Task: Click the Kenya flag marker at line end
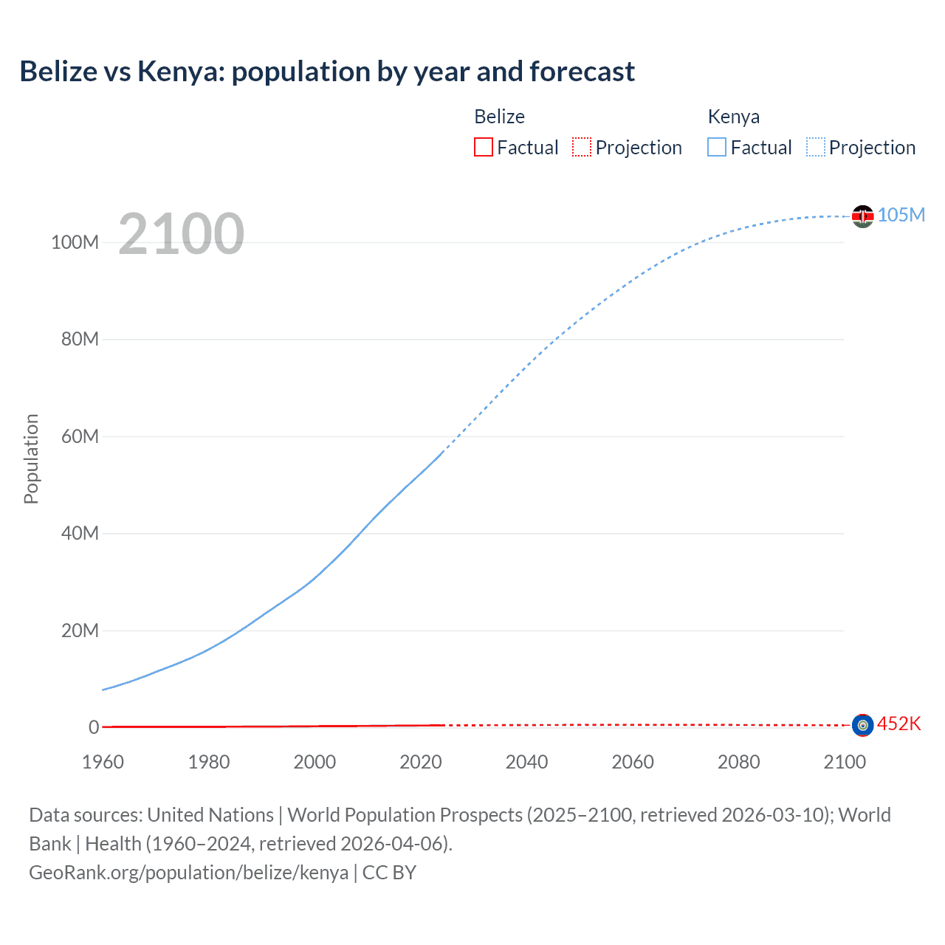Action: tap(862, 216)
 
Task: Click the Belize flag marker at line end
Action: tap(862, 725)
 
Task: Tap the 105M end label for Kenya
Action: tap(901, 215)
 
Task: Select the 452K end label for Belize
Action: tap(898, 724)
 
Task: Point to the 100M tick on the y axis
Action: tap(75, 243)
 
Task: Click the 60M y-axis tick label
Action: tap(80, 436)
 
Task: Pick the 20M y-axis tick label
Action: tap(80, 630)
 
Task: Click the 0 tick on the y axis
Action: tap(94, 727)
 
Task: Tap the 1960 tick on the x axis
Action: tap(103, 762)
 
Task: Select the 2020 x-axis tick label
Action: tap(421, 762)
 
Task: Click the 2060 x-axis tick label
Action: tap(633, 762)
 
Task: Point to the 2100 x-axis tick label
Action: tap(845, 762)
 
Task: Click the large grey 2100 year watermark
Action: tap(181, 234)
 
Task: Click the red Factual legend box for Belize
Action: tap(484, 148)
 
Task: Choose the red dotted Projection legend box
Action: tap(582, 148)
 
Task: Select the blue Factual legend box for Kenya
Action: tap(717, 148)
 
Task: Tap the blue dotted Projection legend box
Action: tap(815, 148)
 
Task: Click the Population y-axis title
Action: tap(31, 458)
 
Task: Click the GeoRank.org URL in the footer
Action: tap(189, 873)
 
